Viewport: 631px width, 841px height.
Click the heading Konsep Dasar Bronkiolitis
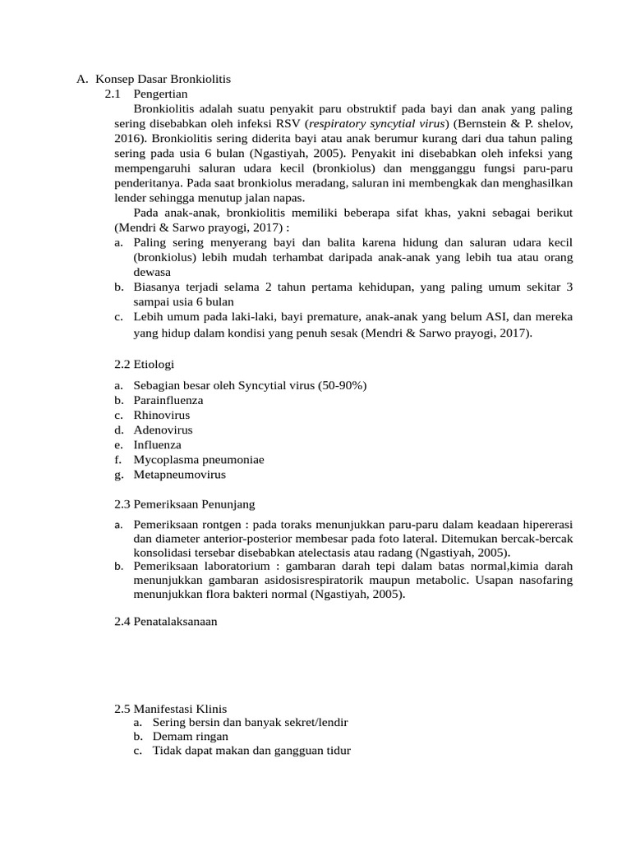tap(164, 80)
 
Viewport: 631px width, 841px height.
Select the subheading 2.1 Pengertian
tap(161, 94)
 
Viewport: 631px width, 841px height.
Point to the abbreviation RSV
tap(289, 124)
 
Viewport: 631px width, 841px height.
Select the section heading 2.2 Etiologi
tap(145, 364)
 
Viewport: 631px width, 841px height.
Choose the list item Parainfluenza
tap(168, 401)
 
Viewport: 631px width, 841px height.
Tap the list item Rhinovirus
tap(162, 416)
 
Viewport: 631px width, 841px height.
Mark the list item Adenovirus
tap(164, 430)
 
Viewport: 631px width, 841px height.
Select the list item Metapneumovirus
tap(179, 475)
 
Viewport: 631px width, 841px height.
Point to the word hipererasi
tap(546, 524)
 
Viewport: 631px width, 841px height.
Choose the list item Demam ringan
tap(191, 737)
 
